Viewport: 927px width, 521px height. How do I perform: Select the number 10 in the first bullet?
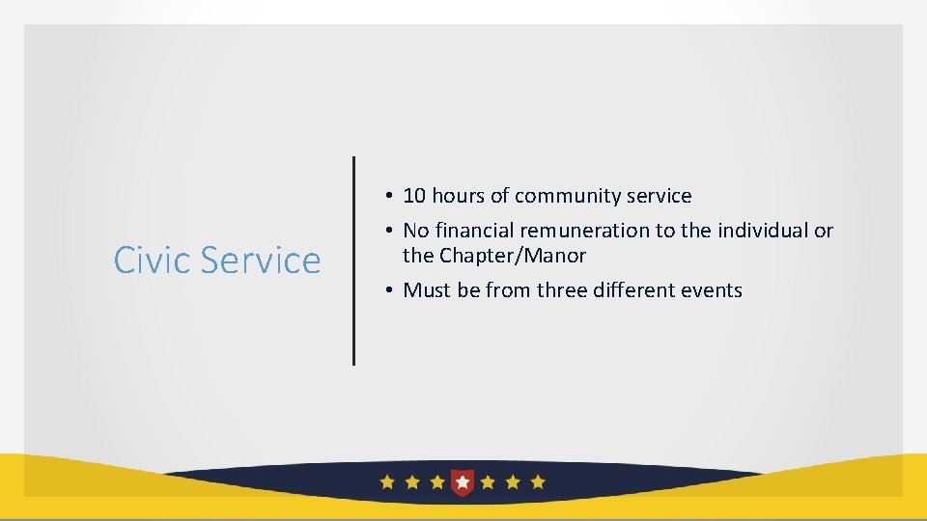pyautogui.click(x=414, y=196)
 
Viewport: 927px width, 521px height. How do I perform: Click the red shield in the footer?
pyautogui.click(x=463, y=481)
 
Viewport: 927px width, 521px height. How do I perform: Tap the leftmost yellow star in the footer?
pyautogui.click(x=387, y=481)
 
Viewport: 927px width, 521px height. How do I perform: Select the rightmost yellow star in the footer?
pyautogui.click(x=538, y=481)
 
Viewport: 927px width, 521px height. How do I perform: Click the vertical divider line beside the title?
pyautogui.click(x=353, y=260)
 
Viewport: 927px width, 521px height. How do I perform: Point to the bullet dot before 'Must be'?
pyautogui.click(x=385, y=290)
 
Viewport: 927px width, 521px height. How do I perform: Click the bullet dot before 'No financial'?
pyautogui.click(x=385, y=231)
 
